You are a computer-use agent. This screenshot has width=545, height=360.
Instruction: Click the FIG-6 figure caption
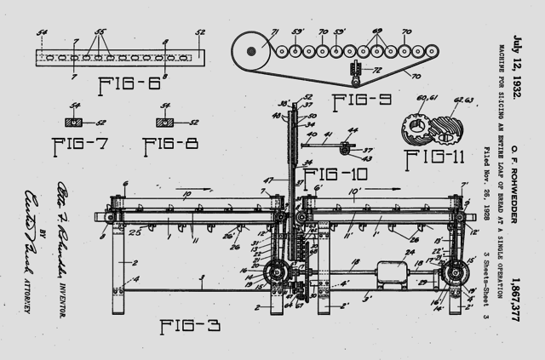click(129, 86)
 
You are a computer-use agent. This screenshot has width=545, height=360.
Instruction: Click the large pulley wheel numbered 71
click(253, 51)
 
